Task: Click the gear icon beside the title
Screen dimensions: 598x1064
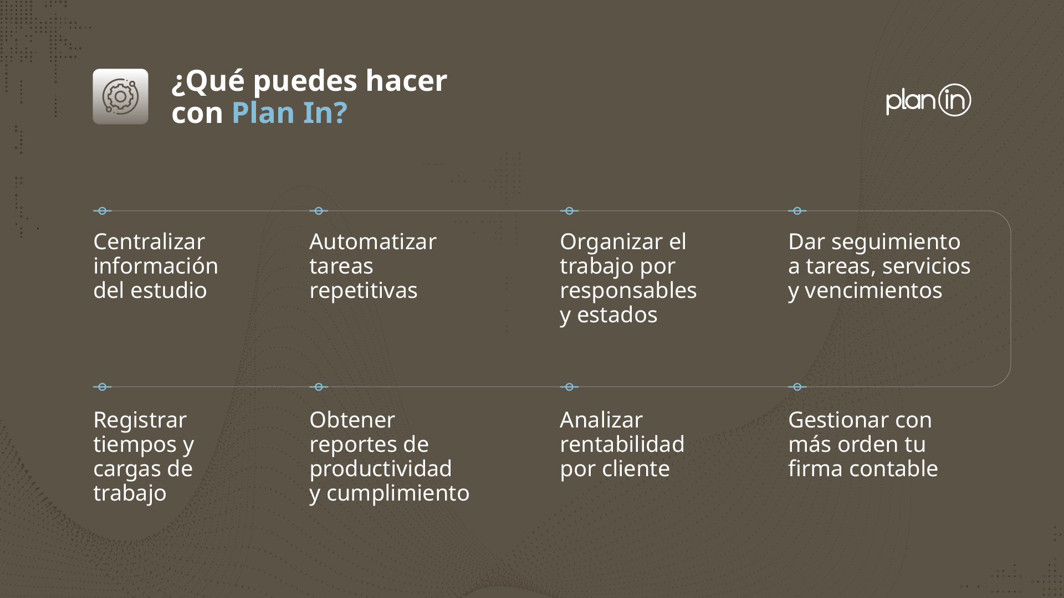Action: click(x=120, y=96)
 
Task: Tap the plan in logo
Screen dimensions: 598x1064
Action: click(x=928, y=100)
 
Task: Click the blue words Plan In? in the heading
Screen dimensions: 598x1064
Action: click(x=289, y=112)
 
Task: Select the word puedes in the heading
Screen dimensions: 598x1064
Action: click(x=305, y=81)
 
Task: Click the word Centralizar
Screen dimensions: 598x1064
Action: click(x=149, y=241)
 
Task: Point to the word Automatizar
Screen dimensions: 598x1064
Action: click(x=373, y=241)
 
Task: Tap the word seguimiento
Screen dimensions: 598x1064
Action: click(x=896, y=241)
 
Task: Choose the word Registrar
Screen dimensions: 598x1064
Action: click(x=140, y=420)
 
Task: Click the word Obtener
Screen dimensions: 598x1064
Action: click(x=352, y=420)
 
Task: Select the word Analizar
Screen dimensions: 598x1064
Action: click(x=601, y=420)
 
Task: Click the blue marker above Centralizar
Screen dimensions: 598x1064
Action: click(x=102, y=211)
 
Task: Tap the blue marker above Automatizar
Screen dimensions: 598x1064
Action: click(x=319, y=211)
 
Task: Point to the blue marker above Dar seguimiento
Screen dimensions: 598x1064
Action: click(x=797, y=211)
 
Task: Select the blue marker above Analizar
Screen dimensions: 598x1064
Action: click(x=569, y=387)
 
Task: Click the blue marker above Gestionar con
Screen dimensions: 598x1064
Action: click(x=797, y=387)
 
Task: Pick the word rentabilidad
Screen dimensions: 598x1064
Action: click(x=622, y=444)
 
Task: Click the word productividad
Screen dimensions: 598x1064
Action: click(x=380, y=468)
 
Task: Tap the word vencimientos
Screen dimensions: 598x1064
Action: click(x=873, y=290)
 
